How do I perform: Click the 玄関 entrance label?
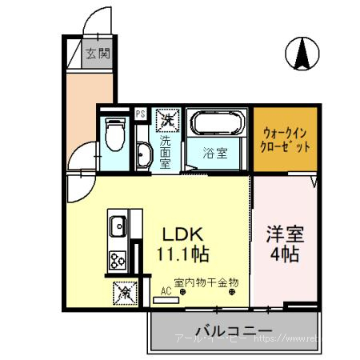[x=98, y=54]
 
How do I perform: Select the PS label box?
[x=140, y=114]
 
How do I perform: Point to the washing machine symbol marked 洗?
[x=166, y=120]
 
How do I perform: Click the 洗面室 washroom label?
[x=166, y=150]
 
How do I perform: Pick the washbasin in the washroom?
[x=143, y=155]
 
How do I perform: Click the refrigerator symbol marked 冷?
[x=126, y=293]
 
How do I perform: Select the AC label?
[x=166, y=293]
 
